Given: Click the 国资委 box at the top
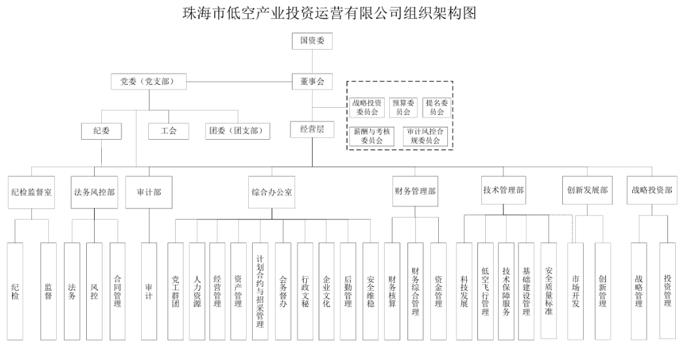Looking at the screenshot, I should [x=311, y=41].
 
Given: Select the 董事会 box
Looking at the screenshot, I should [x=311, y=82].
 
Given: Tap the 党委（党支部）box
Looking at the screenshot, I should [x=149, y=82].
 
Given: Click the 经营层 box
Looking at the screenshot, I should [x=311, y=129].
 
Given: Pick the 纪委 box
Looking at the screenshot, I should [x=101, y=131].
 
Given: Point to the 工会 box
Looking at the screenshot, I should [x=169, y=131].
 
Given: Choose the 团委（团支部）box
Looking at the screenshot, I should [x=238, y=131].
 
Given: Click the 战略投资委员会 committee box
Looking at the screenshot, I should [x=366, y=107].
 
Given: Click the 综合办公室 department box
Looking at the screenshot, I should [x=272, y=192].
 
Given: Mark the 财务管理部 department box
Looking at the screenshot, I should [x=415, y=192].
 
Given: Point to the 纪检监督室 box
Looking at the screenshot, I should [x=31, y=192].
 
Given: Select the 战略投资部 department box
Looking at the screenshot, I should [x=648, y=191].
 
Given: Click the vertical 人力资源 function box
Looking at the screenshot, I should [x=197, y=291].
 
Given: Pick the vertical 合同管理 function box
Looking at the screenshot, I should [x=117, y=291].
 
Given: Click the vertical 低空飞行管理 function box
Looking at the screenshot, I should [x=484, y=291].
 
